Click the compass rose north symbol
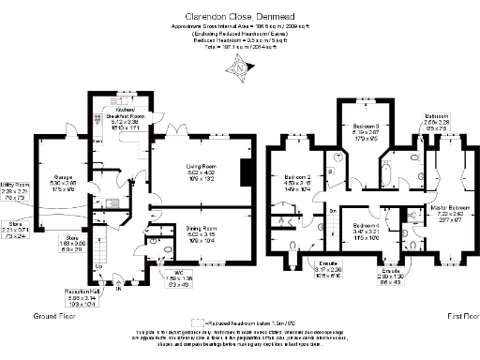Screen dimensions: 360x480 242,67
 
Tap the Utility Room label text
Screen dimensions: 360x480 16,187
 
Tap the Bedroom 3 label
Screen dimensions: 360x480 365,127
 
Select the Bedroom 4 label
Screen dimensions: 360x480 366,226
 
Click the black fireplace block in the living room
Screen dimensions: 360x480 246,173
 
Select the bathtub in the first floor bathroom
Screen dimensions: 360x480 387,174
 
